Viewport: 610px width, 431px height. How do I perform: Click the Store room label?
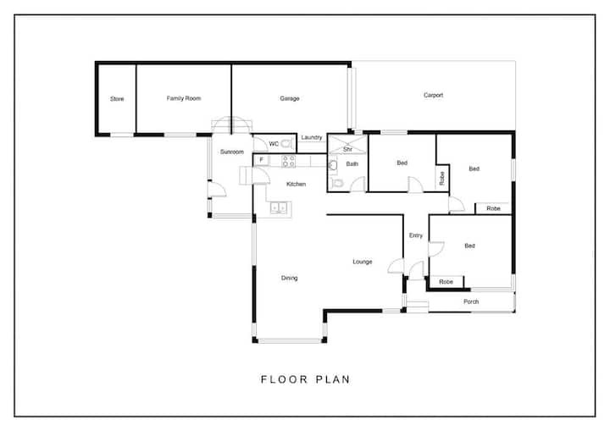click(117, 99)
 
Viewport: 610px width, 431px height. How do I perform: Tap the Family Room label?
click(184, 98)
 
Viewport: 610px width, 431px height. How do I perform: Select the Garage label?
click(290, 99)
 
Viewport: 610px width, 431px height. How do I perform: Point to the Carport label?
click(433, 96)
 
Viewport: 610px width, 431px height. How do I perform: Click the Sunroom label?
click(232, 152)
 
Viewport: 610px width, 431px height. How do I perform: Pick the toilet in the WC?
click(286, 144)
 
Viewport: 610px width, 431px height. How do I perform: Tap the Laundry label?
click(312, 137)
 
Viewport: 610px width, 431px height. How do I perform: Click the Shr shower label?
click(348, 149)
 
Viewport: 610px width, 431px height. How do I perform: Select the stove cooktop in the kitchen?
click(288, 161)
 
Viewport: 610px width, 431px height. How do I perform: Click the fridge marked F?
click(262, 160)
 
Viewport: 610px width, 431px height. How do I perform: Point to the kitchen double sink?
click(279, 207)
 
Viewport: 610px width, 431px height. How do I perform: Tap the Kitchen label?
click(296, 184)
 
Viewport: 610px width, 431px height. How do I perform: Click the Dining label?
click(290, 278)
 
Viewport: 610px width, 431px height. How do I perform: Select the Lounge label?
click(363, 262)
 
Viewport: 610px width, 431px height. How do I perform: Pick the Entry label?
click(416, 235)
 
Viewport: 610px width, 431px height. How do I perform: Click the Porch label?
click(471, 301)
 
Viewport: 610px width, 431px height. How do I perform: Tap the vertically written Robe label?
click(442, 179)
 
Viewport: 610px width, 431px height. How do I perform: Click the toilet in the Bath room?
click(338, 183)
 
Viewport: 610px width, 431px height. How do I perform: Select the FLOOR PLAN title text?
click(305, 379)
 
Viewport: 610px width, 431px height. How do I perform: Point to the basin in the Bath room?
click(334, 165)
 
